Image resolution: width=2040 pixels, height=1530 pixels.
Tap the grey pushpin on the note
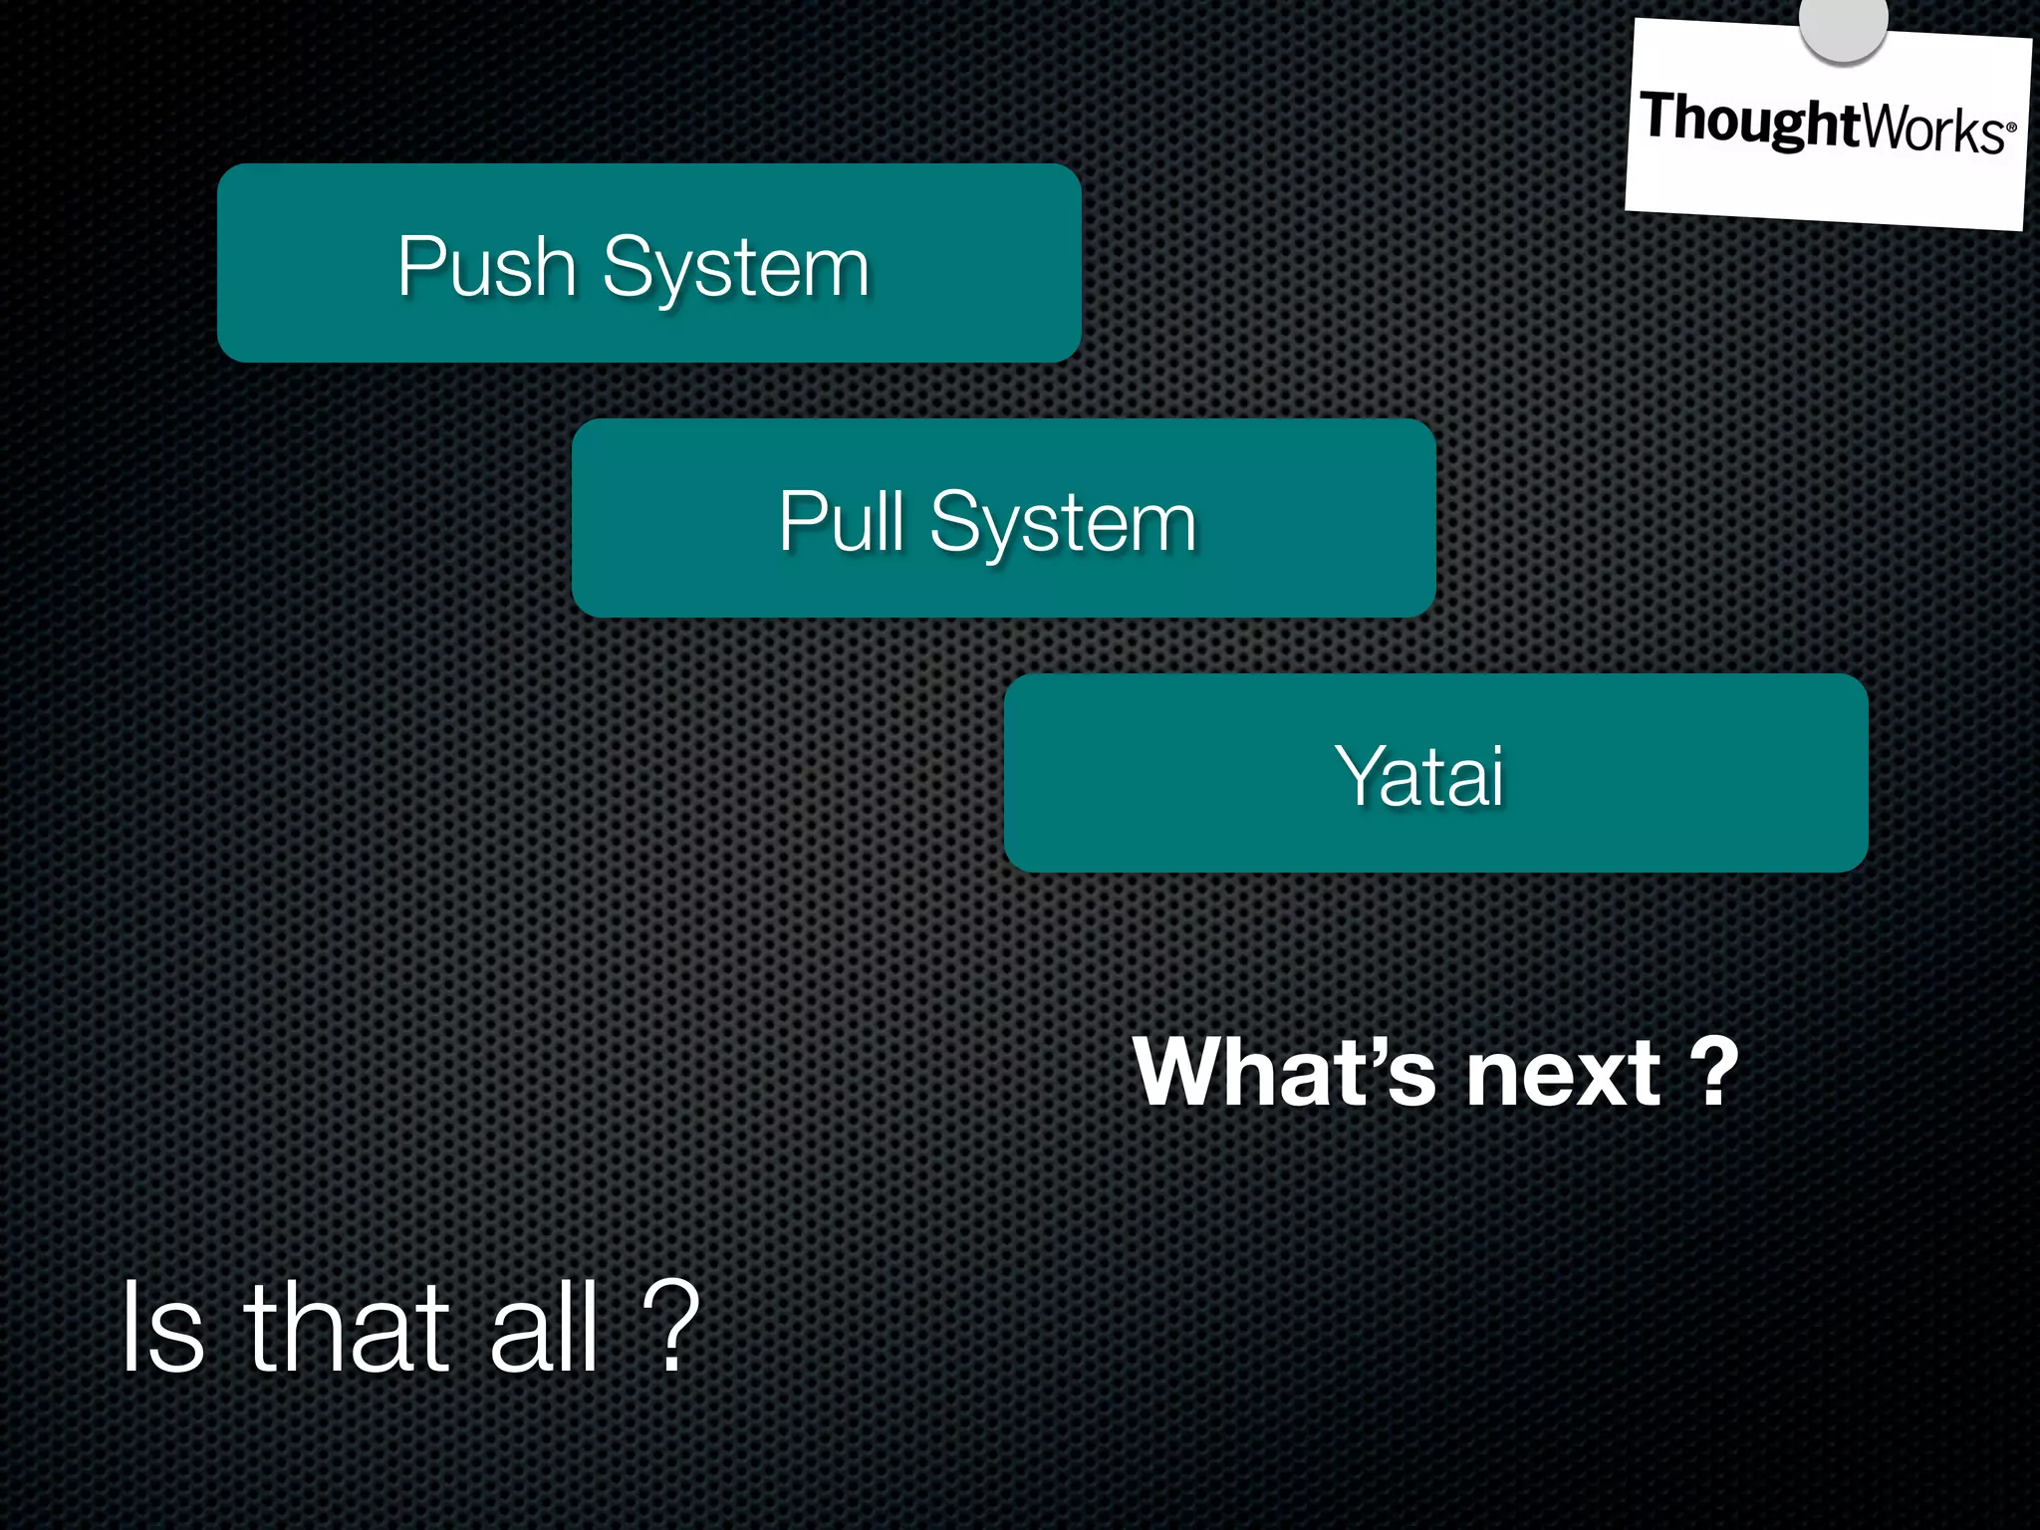1843,24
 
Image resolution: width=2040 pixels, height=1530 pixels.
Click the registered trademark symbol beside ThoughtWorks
2011,127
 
